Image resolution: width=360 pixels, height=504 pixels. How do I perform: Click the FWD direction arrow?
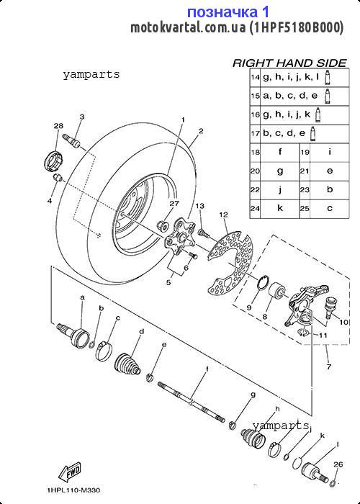[x=69, y=472]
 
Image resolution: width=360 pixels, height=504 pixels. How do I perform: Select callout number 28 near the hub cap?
[x=58, y=126]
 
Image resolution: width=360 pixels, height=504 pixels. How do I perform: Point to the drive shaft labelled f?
[x=191, y=402]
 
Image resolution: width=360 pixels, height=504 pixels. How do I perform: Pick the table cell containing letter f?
[x=279, y=153]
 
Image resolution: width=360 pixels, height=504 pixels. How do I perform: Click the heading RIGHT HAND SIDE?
[x=289, y=63]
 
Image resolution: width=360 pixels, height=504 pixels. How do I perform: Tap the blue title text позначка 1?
[x=228, y=12]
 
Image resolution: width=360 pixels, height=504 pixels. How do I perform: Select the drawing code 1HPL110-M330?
[x=73, y=490]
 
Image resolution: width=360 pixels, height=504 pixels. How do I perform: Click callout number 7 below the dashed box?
[x=328, y=366]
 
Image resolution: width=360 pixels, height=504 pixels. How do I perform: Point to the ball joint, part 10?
[x=330, y=305]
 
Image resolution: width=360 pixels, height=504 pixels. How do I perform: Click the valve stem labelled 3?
[x=73, y=141]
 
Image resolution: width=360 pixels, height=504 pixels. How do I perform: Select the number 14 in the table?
[x=255, y=77]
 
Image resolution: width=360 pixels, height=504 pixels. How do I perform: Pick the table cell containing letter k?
[x=279, y=208]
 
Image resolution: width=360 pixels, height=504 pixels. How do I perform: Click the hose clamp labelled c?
[x=104, y=351]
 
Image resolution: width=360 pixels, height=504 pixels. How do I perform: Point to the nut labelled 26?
[x=333, y=483]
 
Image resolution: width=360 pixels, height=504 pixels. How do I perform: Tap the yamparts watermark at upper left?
[x=91, y=75]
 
